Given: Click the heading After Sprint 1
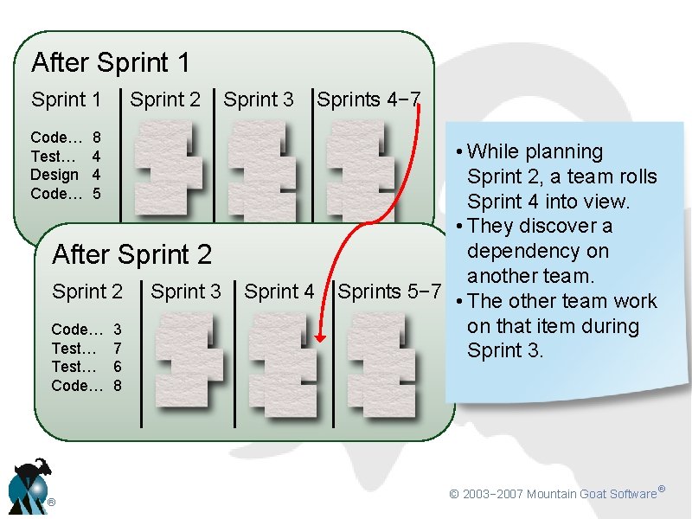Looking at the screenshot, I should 110,62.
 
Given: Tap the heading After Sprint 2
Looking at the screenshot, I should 131,254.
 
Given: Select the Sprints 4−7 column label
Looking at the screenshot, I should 368,99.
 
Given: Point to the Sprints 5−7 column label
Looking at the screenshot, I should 390,292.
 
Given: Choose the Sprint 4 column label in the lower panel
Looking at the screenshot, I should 279,292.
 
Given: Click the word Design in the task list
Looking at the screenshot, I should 54,175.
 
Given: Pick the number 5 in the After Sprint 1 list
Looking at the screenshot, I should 97,194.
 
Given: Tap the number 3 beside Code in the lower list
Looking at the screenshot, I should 118,330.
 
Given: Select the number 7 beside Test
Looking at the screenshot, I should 118,348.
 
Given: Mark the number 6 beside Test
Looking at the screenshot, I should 118,367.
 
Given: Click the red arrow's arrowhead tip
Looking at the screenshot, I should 317,343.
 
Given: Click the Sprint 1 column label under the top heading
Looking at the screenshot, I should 66,99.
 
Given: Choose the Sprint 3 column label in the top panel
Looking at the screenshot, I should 259,99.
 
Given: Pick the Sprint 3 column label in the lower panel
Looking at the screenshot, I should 186,292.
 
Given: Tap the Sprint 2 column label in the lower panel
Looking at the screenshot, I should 87,292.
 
